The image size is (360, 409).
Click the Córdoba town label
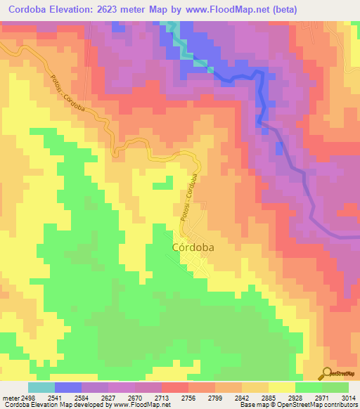click(193, 247)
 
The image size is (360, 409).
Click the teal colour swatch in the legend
click(41, 387)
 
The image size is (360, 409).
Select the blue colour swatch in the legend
click(68, 387)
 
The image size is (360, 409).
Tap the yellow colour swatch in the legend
click(282, 387)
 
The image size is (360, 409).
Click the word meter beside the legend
click(10, 397)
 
